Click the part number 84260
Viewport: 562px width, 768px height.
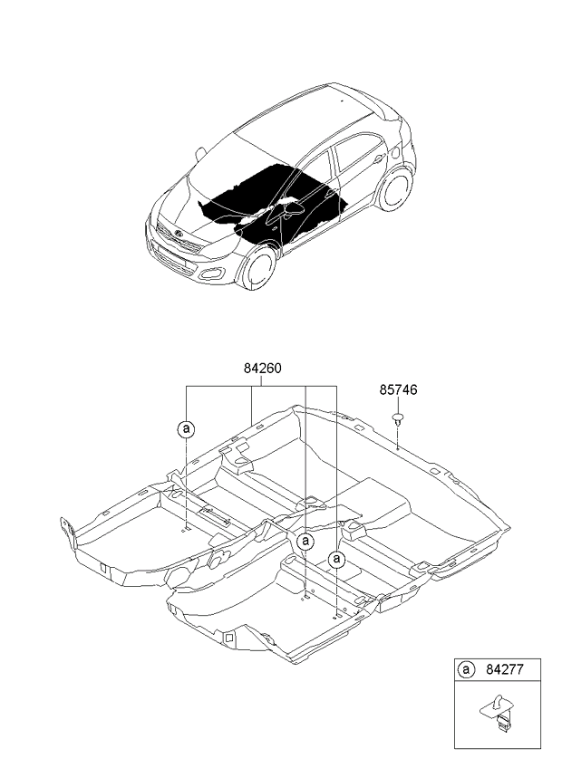point(262,369)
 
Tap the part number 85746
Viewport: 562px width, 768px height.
point(398,389)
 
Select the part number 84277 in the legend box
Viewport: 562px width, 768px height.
point(505,668)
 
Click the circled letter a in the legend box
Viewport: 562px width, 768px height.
point(466,669)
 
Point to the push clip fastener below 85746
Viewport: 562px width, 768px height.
point(398,419)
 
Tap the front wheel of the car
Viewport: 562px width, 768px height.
point(258,268)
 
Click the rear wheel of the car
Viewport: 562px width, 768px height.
point(395,189)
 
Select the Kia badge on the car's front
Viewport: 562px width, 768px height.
point(178,234)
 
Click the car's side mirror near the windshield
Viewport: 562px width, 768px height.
point(200,154)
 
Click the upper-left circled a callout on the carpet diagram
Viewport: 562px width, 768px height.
point(186,429)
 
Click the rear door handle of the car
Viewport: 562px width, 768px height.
point(378,158)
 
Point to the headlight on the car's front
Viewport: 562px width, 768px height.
point(217,250)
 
